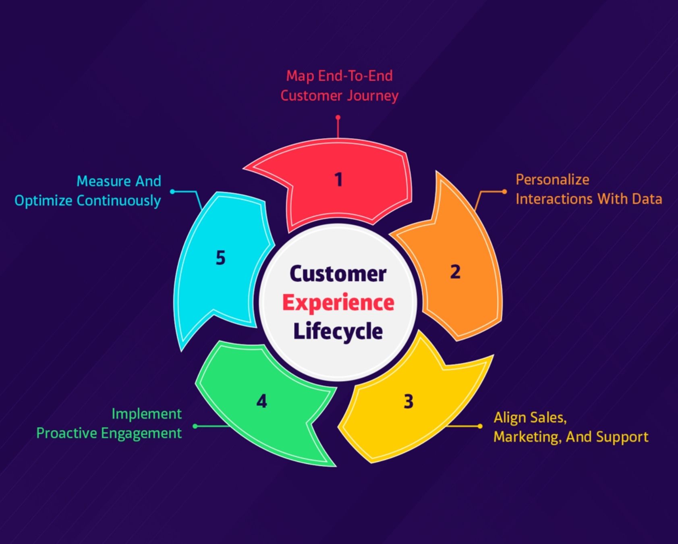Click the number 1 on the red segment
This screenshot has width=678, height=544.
click(338, 179)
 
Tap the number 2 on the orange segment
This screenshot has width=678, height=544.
click(455, 272)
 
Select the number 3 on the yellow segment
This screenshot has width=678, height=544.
click(408, 402)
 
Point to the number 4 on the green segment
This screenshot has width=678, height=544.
click(261, 401)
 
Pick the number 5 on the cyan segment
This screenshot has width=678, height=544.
click(220, 258)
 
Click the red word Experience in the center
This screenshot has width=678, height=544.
click(338, 303)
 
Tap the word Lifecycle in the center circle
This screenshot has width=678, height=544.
click(338, 332)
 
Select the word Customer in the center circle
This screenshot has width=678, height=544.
click(338, 274)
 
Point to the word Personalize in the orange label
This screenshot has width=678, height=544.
click(552, 180)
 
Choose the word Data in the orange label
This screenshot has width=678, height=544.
click(647, 199)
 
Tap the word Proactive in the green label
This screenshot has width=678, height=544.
click(67, 434)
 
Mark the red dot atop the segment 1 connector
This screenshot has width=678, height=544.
click(338, 117)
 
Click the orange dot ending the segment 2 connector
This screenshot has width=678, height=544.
click(504, 191)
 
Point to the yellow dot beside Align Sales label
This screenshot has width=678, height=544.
click(480, 426)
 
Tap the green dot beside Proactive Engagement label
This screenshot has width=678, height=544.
click(195, 426)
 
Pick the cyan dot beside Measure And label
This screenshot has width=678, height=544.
click(172, 191)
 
